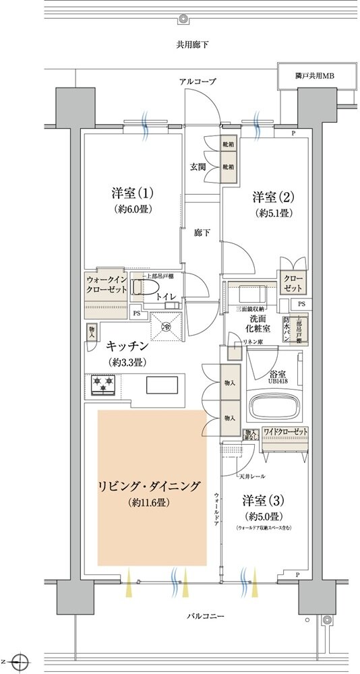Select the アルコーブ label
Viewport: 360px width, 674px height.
click(x=198, y=82)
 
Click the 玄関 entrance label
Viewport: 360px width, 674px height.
click(x=198, y=166)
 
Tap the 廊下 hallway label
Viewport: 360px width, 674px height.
click(x=202, y=233)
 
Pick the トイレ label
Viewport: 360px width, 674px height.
click(x=167, y=297)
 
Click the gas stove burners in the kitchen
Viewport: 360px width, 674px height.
click(x=103, y=385)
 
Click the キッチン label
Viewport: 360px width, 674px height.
click(x=127, y=346)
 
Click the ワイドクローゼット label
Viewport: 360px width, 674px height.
click(x=286, y=431)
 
